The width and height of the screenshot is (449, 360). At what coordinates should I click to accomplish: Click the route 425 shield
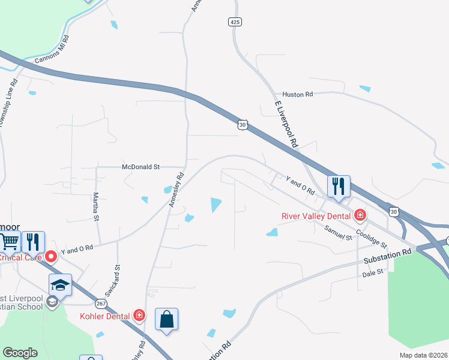point(235,22)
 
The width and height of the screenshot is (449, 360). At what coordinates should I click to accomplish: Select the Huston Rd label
point(298,94)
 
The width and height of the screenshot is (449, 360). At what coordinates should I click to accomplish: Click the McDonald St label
point(140,167)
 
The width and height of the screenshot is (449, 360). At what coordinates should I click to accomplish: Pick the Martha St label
point(95,206)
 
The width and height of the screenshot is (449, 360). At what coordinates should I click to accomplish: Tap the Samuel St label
point(337,232)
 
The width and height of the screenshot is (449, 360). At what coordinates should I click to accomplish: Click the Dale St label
point(372,274)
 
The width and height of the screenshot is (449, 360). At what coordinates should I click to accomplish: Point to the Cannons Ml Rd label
point(52,50)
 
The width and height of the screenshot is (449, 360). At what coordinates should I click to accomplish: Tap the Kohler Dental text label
point(105,316)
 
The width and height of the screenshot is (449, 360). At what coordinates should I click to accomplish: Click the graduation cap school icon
point(61,284)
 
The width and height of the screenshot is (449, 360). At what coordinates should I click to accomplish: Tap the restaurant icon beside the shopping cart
point(34,241)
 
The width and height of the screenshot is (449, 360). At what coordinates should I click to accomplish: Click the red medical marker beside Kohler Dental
point(139,315)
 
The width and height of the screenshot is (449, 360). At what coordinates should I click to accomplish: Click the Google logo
point(20,352)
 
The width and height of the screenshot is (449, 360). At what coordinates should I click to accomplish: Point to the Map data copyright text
point(423,355)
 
